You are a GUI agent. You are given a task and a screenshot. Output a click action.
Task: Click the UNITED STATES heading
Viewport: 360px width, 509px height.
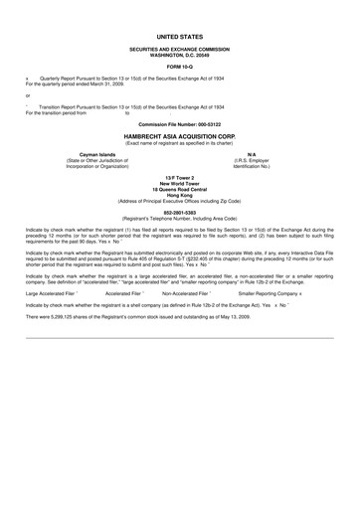point(180,34)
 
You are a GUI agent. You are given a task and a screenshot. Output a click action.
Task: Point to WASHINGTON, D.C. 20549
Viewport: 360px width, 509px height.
point(180,53)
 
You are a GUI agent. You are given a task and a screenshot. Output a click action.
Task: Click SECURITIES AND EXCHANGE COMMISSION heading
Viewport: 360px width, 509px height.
point(180,48)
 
